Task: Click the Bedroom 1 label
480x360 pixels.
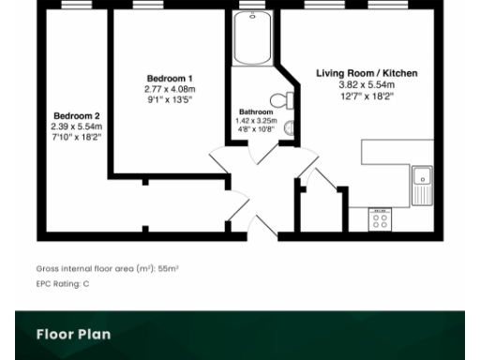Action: coord(170,78)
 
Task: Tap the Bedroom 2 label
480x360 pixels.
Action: coord(76,116)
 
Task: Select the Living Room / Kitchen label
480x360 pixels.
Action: coord(367,73)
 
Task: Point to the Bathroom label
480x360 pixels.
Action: coord(255,111)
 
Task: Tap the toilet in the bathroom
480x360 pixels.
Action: coord(279,100)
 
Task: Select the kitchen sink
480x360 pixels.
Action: coord(422,184)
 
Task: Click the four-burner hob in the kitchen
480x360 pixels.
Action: coord(381,219)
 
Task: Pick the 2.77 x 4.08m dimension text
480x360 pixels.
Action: coord(170,89)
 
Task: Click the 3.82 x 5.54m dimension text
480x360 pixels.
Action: coord(367,84)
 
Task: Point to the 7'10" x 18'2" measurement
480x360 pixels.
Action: coord(76,137)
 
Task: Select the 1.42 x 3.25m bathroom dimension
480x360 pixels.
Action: coord(255,120)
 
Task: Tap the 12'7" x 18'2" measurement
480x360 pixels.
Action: coord(367,95)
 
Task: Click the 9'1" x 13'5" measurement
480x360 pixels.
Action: coord(170,99)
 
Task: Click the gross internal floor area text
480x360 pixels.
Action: coord(107,268)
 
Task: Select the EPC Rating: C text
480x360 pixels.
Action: coord(62,282)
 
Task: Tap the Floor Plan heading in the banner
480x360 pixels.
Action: coord(73,335)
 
